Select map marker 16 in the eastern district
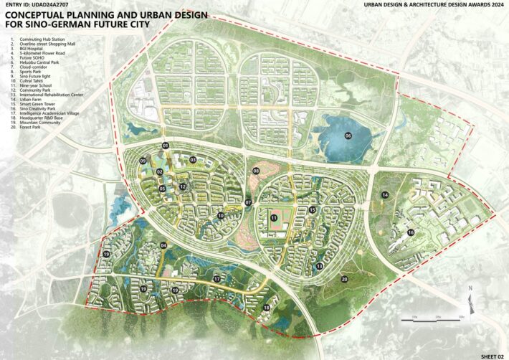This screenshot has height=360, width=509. (411, 232)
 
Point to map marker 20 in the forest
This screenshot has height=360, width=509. (344, 279)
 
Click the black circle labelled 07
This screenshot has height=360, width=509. (248, 203)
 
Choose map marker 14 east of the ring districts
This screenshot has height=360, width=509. (385, 195)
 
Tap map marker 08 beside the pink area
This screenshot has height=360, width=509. (256, 171)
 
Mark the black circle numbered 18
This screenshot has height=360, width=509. (266, 308)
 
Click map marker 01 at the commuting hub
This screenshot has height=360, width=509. (166, 146)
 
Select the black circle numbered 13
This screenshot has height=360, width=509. (320, 266)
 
